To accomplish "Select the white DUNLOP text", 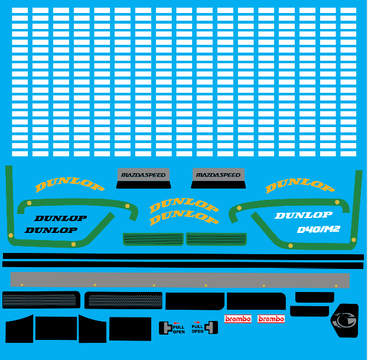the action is tap(304, 215).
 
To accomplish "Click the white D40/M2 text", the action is tap(318, 229).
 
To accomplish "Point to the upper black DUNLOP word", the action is tap(61, 218).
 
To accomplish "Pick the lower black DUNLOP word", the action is tap(51, 230).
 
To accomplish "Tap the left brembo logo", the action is tap(237, 319).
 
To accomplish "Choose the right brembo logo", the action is tap(271, 319).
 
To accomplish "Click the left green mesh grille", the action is tap(153, 239).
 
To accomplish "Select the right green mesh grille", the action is tap(216, 239).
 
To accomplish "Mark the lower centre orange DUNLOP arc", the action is tap(184, 218).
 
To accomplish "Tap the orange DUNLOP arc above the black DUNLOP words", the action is tap(70, 184).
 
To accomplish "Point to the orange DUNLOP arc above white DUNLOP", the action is tap(300, 185).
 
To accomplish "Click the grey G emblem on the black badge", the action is tap(344, 320).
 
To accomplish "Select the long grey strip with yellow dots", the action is tap(180, 280).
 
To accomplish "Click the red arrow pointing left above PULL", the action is tap(176, 323).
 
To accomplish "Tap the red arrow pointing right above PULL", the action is tap(197, 322).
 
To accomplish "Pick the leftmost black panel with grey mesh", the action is tap(41, 300).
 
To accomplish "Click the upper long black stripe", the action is tap(183, 257).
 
